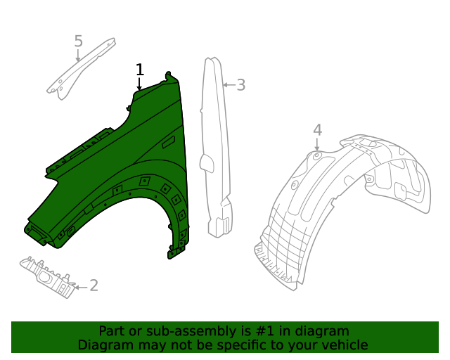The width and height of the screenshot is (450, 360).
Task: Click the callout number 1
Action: [140, 69]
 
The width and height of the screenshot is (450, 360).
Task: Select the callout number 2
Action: [94, 285]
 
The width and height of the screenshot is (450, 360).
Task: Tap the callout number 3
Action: [240, 85]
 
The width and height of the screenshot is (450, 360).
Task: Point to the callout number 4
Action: [318, 129]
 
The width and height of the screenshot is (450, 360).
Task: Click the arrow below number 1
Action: [139, 84]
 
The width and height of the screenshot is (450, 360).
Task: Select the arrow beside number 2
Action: [80, 286]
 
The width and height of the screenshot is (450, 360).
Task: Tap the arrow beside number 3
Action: [228, 85]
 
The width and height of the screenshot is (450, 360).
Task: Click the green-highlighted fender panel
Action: [141, 148]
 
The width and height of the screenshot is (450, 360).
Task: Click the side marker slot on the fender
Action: [169, 143]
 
